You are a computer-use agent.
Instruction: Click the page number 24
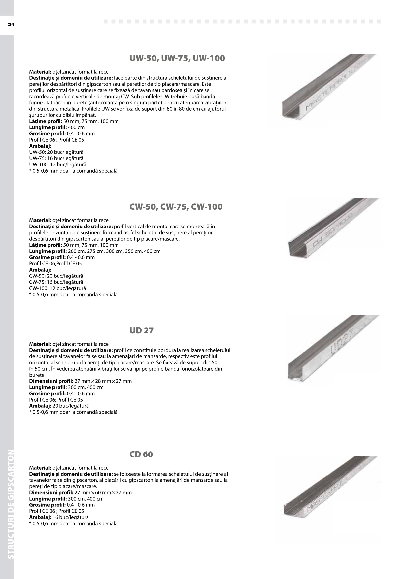11,25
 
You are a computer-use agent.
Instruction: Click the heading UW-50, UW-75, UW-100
177,58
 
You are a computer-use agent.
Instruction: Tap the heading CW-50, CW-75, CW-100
176,207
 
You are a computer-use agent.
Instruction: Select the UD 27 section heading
141,330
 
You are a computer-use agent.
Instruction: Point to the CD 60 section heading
141,454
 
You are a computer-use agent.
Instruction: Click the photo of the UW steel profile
328,87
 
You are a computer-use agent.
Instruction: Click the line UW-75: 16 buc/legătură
56,158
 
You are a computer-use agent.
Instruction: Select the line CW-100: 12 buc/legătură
58,288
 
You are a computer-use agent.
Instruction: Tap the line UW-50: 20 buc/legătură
56,152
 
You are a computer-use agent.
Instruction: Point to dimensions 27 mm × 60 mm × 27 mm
103,493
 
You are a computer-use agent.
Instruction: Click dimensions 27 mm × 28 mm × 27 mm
103,381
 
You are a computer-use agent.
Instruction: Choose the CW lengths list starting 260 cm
114,251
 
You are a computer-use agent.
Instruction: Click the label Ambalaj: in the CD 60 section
40,517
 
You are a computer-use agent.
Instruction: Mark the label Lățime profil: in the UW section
45,121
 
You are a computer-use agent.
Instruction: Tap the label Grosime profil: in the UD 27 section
48,393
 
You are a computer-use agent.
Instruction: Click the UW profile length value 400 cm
76,127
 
